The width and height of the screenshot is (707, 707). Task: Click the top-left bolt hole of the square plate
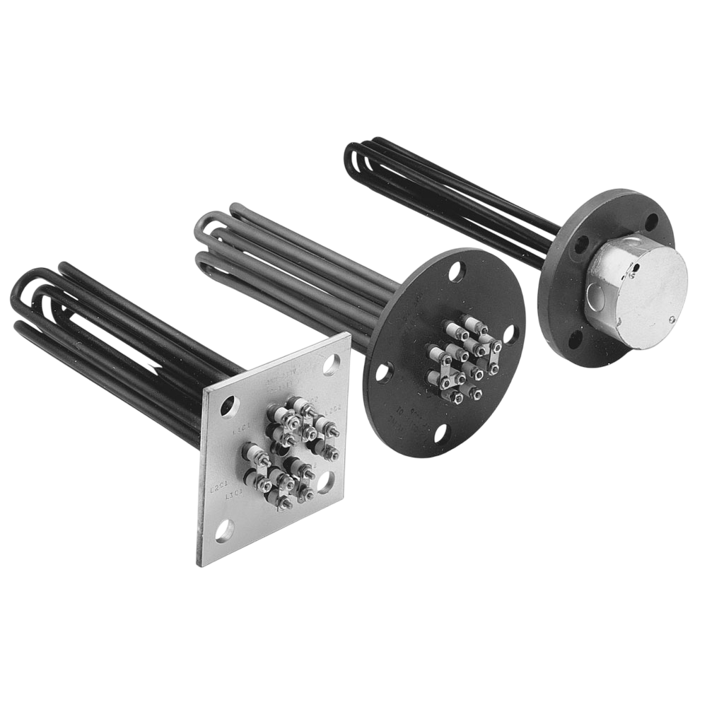(228, 406)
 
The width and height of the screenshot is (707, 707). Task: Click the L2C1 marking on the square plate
(219, 487)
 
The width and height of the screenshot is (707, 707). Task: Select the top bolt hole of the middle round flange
(457, 269)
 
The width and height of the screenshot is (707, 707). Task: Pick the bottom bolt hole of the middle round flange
(440, 432)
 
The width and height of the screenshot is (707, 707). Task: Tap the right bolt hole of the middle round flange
(512, 332)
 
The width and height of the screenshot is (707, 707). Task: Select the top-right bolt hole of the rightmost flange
(650, 221)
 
